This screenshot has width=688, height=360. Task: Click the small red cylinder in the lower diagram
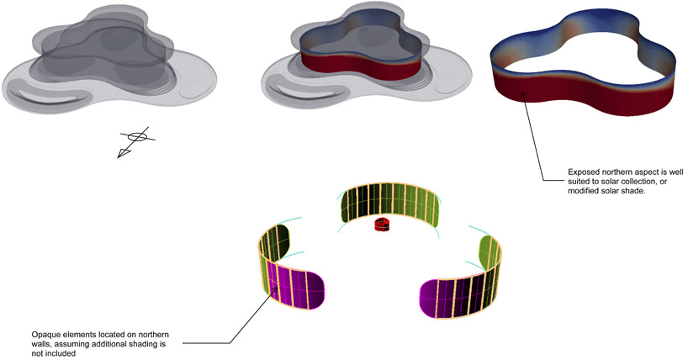[382, 225]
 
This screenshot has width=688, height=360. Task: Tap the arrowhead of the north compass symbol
[123, 154]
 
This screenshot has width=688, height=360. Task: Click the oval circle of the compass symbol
[137, 136]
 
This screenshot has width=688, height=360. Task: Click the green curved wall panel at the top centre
[389, 204]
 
